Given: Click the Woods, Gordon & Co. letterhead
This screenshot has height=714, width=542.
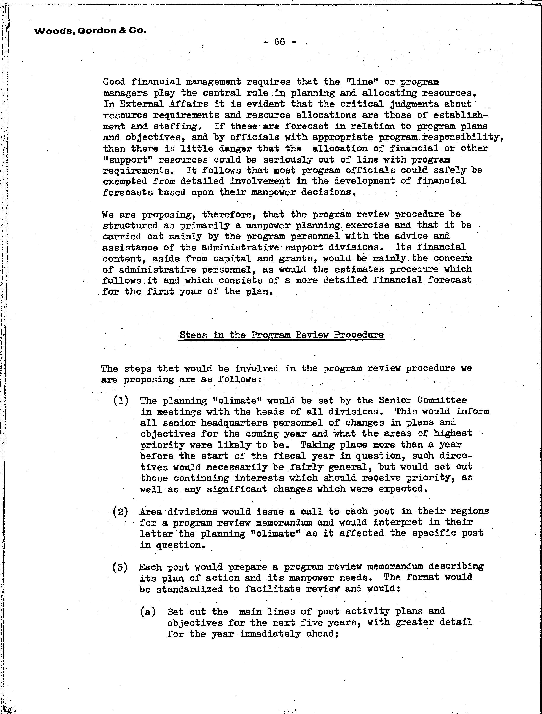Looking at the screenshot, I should point(90,31).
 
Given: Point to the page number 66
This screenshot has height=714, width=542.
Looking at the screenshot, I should point(280,42).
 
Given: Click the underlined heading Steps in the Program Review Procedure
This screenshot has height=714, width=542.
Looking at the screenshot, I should point(282,335).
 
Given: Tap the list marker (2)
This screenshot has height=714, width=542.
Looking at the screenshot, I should point(121,512).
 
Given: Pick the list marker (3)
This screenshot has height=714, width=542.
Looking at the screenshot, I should point(120,567).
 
